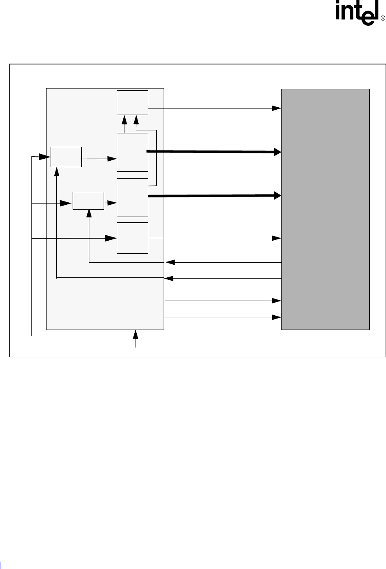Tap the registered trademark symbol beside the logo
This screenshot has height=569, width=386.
coord(383,19)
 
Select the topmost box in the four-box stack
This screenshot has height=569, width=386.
coord(132,103)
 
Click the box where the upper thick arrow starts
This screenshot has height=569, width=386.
coord(132,152)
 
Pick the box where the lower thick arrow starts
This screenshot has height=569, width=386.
coord(132,197)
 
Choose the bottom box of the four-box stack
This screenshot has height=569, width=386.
coord(132,238)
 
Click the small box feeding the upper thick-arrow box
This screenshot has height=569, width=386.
coord(66,157)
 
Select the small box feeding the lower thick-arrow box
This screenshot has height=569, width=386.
coord(88,201)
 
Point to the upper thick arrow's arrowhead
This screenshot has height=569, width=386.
coord(277,152)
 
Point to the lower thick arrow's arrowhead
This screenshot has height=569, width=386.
coord(277,196)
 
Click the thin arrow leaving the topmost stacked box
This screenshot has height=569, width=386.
coord(212,108)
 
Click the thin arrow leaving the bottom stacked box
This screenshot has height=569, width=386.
coord(212,238)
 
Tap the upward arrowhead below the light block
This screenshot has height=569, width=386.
coord(135,334)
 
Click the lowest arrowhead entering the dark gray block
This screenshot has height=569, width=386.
coord(277,317)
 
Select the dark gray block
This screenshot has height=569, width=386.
coord(325,209)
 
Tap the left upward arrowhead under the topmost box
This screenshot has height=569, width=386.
coord(124,119)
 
